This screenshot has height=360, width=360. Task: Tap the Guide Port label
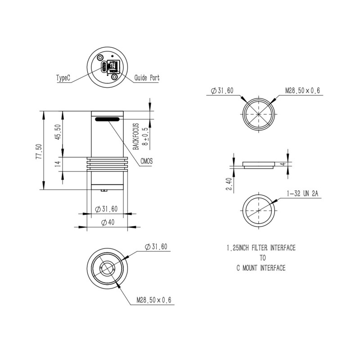click(147, 78)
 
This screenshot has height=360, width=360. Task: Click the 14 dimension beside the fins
click(58, 164)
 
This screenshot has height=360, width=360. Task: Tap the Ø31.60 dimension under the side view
click(107, 209)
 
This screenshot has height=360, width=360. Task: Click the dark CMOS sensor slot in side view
click(107, 119)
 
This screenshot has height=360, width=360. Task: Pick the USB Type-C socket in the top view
click(104, 67)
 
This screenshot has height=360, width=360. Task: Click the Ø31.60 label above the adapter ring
click(222, 91)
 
